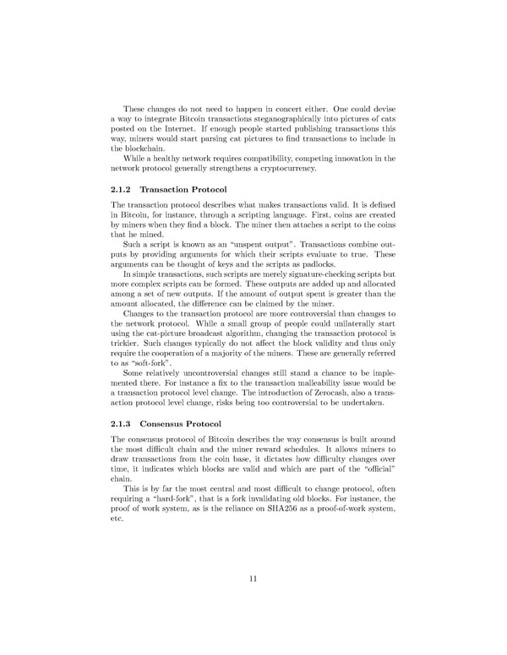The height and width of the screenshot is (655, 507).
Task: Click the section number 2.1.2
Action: [x=123, y=190]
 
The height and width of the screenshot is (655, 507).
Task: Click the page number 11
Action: [x=253, y=578]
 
